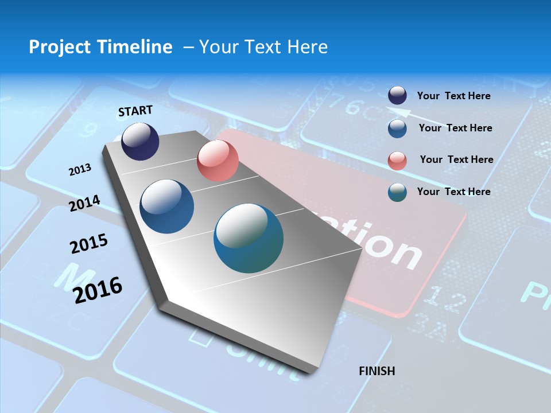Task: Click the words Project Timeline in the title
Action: click(x=100, y=47)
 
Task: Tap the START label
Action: click(x=135, y=111)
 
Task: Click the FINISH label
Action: click(x=377, y=371)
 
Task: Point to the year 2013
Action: click(x=80, y=170)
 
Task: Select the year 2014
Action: click(x=84, y=203)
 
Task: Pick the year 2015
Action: click(x=89, y=243)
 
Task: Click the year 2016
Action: click(x=98, y=290)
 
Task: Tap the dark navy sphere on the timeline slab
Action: click(x=140, y=141)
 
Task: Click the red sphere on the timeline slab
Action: click(x=218, y=161)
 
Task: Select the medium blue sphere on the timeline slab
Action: click(x=167, y=206)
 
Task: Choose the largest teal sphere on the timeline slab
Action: click(x=249, y=238)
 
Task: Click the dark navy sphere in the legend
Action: click(x=397, y=96)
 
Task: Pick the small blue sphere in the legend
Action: click(x=397, y=128)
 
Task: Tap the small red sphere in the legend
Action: click(x=397, y=161)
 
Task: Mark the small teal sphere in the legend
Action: click(x=397, y=192)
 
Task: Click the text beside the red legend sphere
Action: click(x=456, y=159)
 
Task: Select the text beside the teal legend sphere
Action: click(x=453, y=192)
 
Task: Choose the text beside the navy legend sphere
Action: click(x=453, y=96)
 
